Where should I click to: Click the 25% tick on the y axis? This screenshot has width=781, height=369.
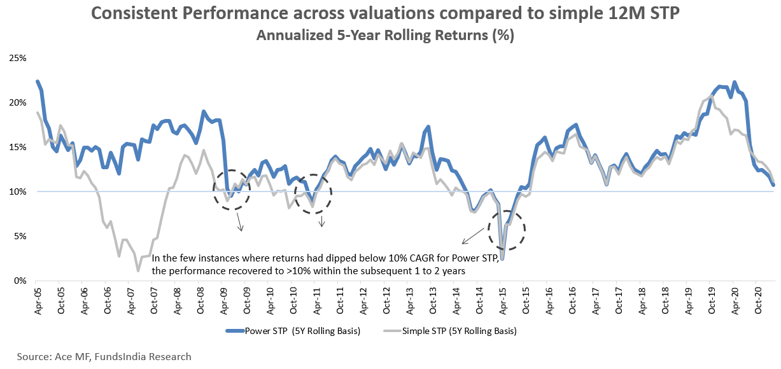click(x=17, y=58)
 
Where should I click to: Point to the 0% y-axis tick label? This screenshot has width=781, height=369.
click(x=19, y=281)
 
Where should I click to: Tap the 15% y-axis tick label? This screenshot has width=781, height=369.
click(x=17, y=147)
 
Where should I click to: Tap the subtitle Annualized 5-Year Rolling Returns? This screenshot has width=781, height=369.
click(x=384, y=36)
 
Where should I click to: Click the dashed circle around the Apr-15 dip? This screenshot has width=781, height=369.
click(x=507, y=230)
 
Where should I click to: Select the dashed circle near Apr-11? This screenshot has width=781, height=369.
click(x=313, y=193)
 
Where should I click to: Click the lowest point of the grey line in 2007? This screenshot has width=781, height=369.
click(x=137, y=270)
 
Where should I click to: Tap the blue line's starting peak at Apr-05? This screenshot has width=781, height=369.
click(x=37, y=81)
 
